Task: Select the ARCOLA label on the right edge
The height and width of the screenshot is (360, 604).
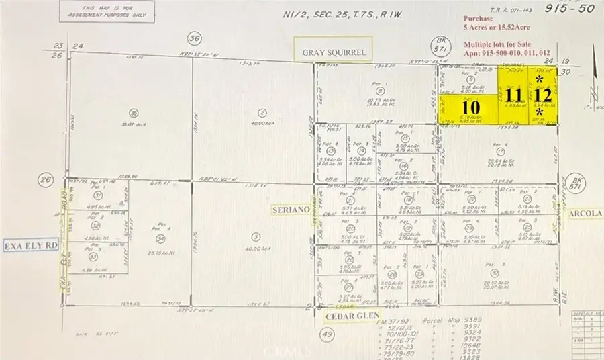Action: [x=585, y=214]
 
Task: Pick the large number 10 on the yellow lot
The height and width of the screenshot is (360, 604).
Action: [x=470, y=106]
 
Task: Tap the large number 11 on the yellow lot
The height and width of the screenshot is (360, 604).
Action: [x=515, y=95]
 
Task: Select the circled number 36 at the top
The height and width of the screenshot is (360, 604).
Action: [x=195, y=38]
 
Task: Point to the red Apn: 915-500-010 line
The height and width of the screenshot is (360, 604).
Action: [x=508, y=54]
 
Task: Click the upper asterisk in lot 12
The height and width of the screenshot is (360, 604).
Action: [x=540, y=79]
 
